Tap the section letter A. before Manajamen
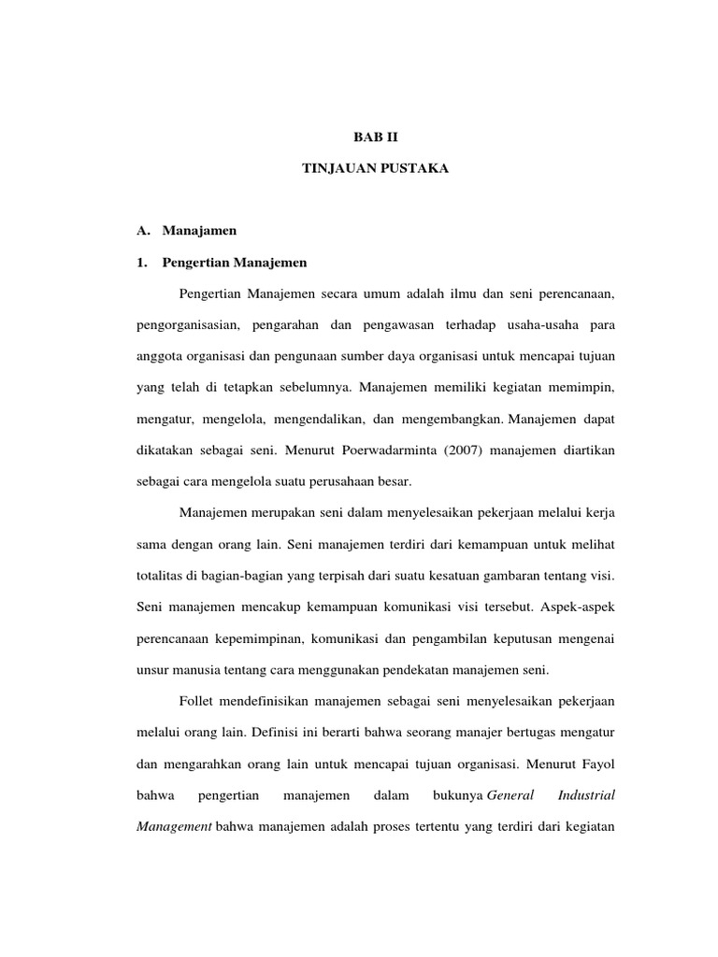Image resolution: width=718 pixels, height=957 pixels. [143, 229]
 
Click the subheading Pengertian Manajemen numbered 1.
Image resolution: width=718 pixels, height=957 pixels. [235, 262]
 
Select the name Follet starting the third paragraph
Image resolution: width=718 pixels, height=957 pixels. [197, 700]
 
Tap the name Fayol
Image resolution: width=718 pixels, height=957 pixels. [595, 763]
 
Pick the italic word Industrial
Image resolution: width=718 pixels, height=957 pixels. [586, 795]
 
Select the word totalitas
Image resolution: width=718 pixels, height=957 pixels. [151, 575]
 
